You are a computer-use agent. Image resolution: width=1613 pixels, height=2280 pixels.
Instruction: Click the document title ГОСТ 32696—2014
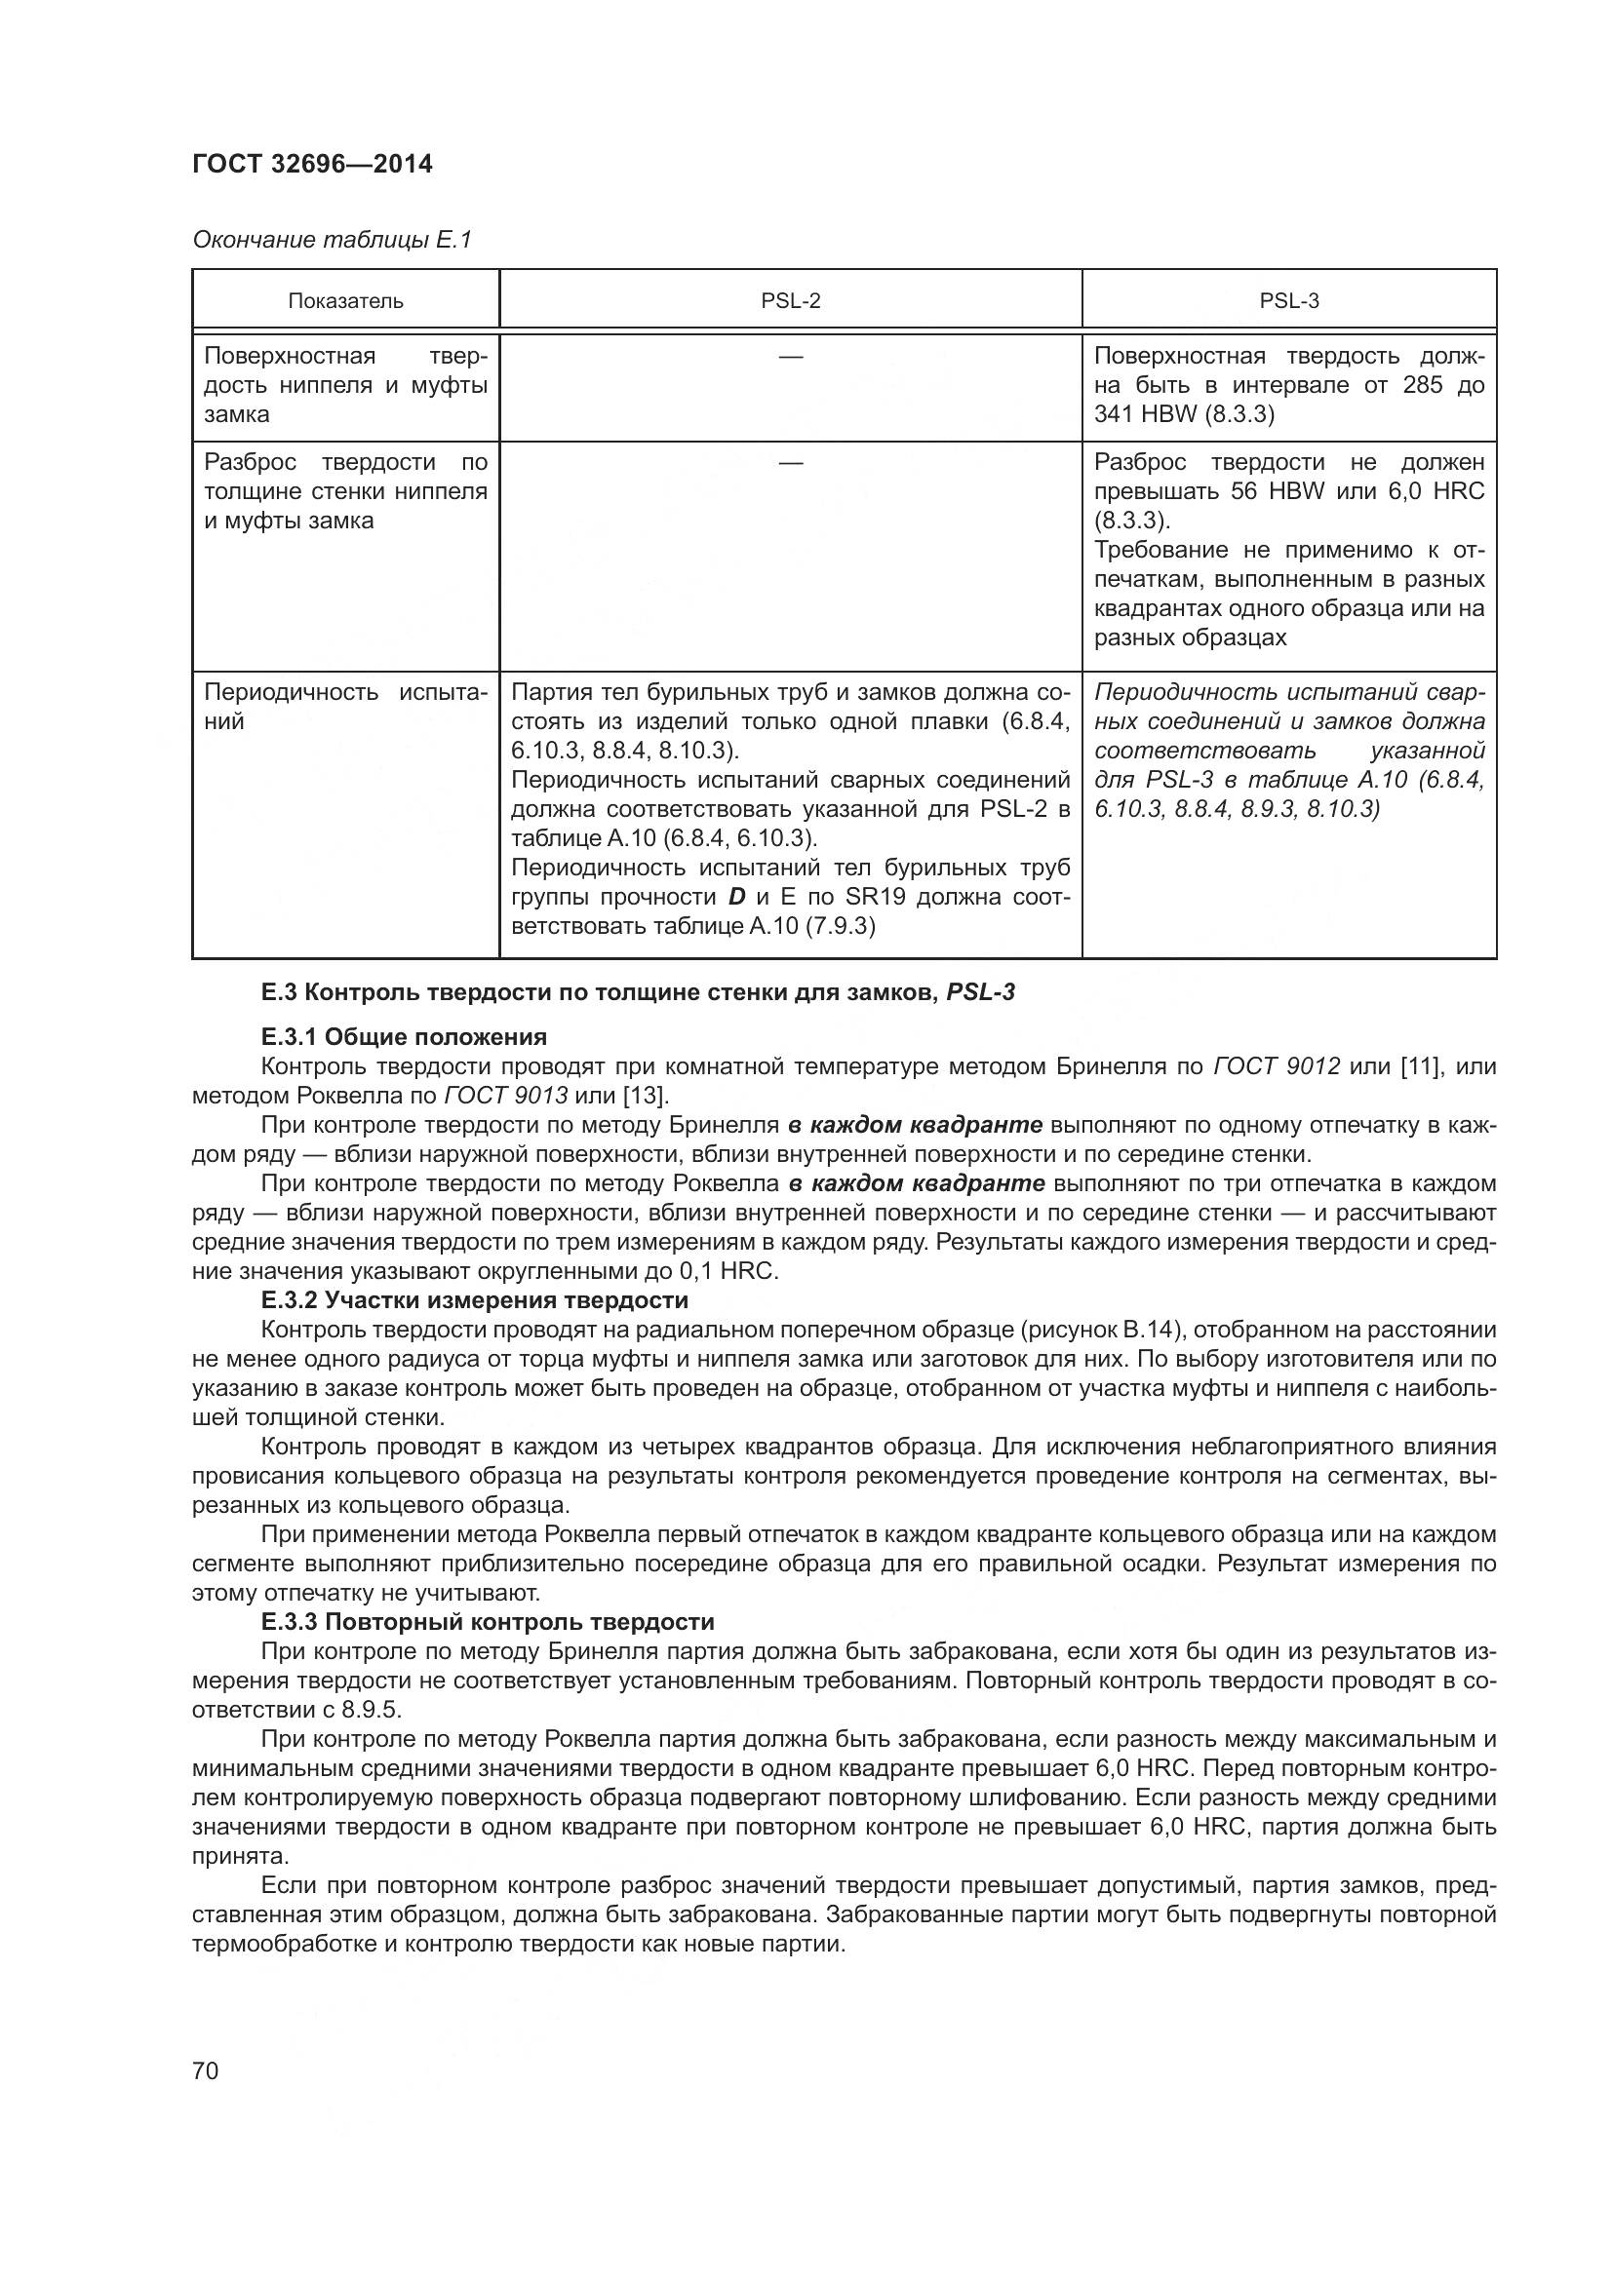pos(312,165)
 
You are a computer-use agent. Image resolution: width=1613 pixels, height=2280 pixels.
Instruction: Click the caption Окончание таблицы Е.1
pos(332,240)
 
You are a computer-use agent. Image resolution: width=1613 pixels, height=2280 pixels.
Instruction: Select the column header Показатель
pos(345,301)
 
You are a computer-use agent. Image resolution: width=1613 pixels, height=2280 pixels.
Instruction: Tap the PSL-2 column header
pos(791,301)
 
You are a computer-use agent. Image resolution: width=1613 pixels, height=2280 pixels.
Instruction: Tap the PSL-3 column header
pos(1288,301)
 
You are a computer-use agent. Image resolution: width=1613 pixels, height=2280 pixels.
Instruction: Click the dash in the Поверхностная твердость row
pos(791,357)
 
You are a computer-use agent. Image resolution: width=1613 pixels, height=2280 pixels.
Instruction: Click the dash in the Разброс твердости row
pos(791,463)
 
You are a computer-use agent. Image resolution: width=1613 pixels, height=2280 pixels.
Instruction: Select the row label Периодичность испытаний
pos(344,706)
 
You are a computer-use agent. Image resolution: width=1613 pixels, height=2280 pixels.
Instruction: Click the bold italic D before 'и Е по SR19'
pos(736,897)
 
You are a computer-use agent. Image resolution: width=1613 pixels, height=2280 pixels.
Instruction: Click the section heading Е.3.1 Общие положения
pos(404,1037)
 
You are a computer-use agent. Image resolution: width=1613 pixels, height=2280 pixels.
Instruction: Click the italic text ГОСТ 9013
pos(505,1096)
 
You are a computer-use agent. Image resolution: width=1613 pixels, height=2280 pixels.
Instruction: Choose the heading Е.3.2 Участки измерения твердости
pos(474,1300)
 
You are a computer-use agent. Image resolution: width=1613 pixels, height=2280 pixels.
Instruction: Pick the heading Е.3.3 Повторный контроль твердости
pos(487,1622)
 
